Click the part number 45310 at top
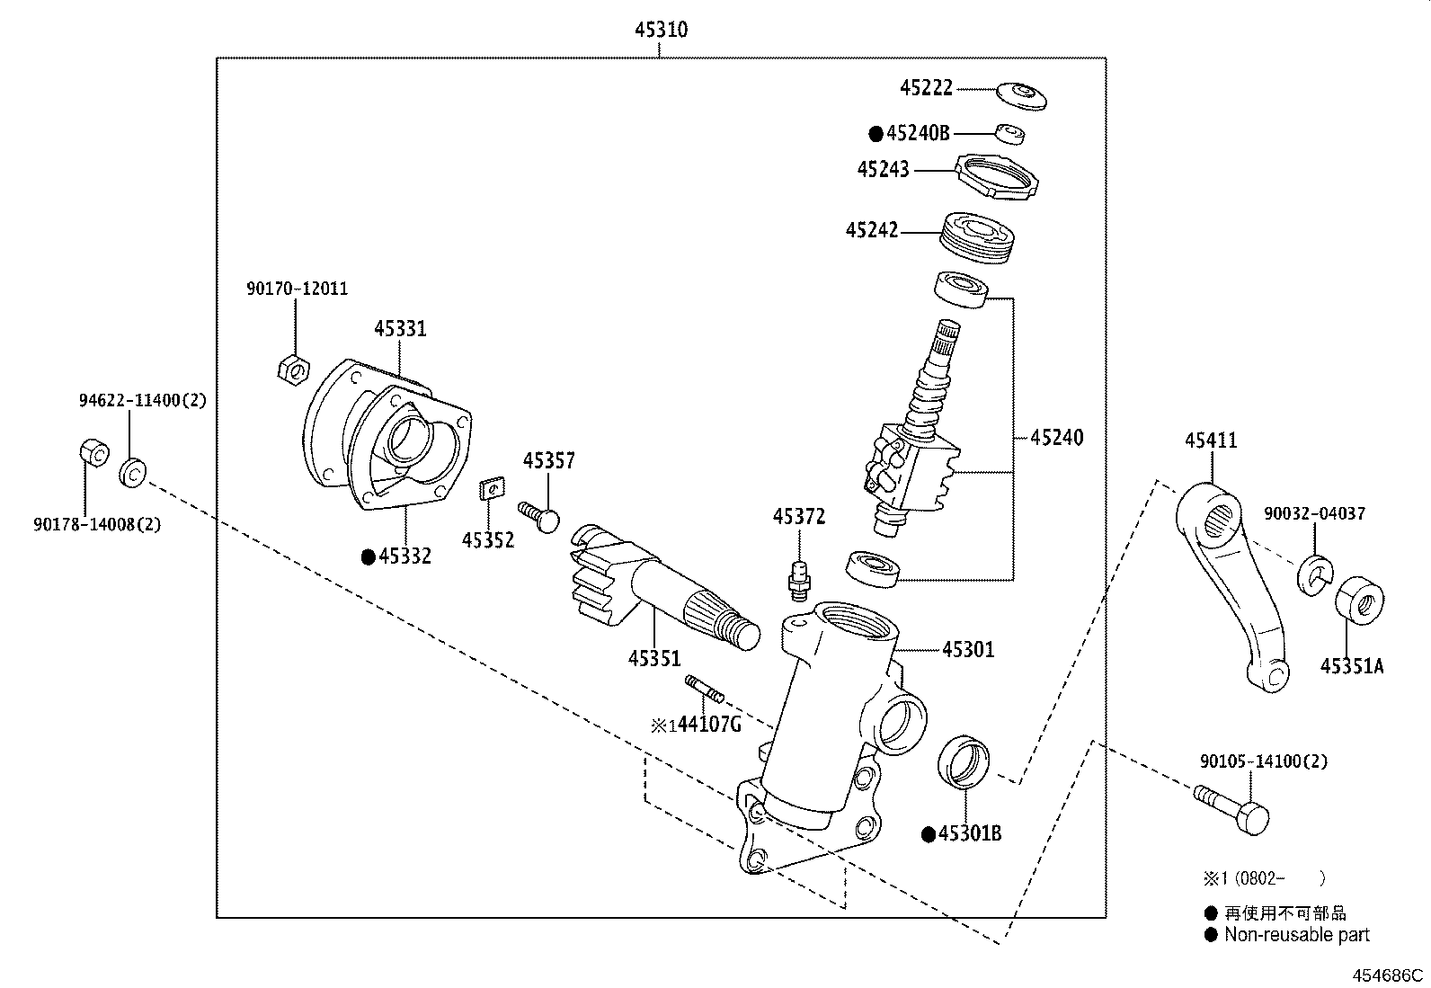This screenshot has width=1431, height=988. click(661, 30)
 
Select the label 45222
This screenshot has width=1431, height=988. click(926, 88)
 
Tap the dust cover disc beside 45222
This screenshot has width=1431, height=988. click(1022, 94)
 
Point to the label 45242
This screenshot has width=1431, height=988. click(871, 230)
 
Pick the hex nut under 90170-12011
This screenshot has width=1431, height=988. click(293, 368)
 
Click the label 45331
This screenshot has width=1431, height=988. click(400, 329)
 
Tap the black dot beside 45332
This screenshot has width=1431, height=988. click(368, 557)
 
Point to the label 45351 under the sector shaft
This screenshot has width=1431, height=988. click(654, 658)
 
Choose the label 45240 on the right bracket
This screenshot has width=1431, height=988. click(1056, 438)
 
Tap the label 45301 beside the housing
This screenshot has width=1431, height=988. click(968, 649)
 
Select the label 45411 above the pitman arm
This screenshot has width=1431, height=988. click(1210, 441)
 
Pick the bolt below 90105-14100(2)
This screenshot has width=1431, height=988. click(1233, 807)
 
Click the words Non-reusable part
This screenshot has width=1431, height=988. click(1296, 935)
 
